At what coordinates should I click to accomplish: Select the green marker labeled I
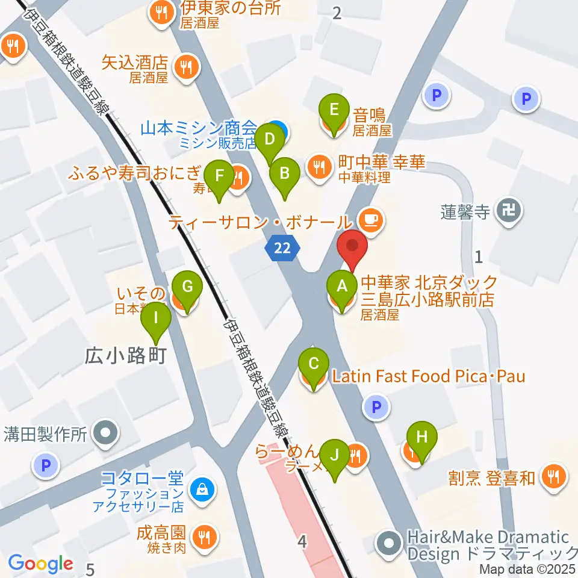[157, 317]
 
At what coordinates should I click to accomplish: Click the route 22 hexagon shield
[281, 248]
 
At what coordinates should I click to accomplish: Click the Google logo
[40, 564]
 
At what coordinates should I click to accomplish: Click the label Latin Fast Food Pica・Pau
[429, 377]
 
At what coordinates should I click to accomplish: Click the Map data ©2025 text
[527, 568]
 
